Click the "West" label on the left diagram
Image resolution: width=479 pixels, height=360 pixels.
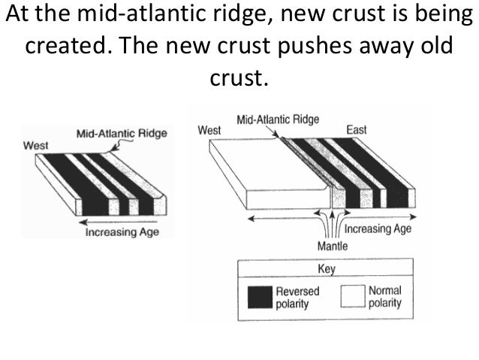coord(36,144)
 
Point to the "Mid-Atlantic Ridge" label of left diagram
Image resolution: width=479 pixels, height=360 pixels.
coord(122,134)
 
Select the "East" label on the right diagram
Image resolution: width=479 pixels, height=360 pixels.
coord(356,130)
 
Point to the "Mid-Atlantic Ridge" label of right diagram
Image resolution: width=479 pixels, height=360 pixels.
coord(278,119)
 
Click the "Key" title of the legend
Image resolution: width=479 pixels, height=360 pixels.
coord(326,268)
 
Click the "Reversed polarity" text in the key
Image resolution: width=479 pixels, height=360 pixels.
coord(297,297)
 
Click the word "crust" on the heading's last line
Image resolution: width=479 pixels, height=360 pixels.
coord(239,77)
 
